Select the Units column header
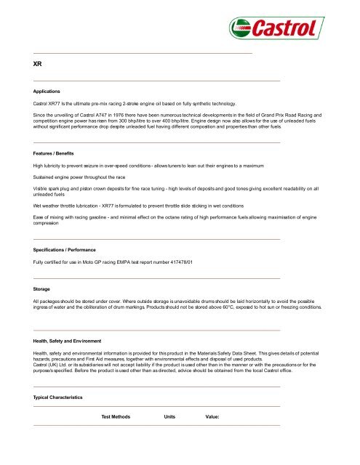pos(170,417)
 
